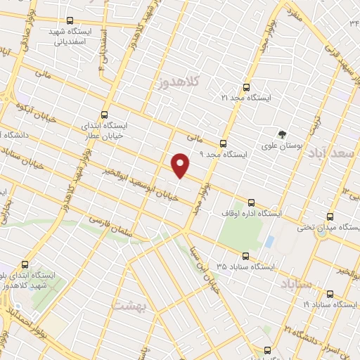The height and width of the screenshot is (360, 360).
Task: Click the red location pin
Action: [181, 165]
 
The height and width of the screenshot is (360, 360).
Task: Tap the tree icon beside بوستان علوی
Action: [282, 134]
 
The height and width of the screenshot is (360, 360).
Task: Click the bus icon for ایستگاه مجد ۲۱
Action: [245, 88]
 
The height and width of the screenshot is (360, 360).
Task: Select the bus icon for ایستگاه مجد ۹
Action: [224, 141]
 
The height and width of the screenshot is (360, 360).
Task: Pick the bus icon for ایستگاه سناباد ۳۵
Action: [245, 256]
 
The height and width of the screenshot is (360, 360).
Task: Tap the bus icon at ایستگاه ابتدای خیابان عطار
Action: [105, 115]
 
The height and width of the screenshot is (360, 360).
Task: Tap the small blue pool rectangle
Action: [269, 241]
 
